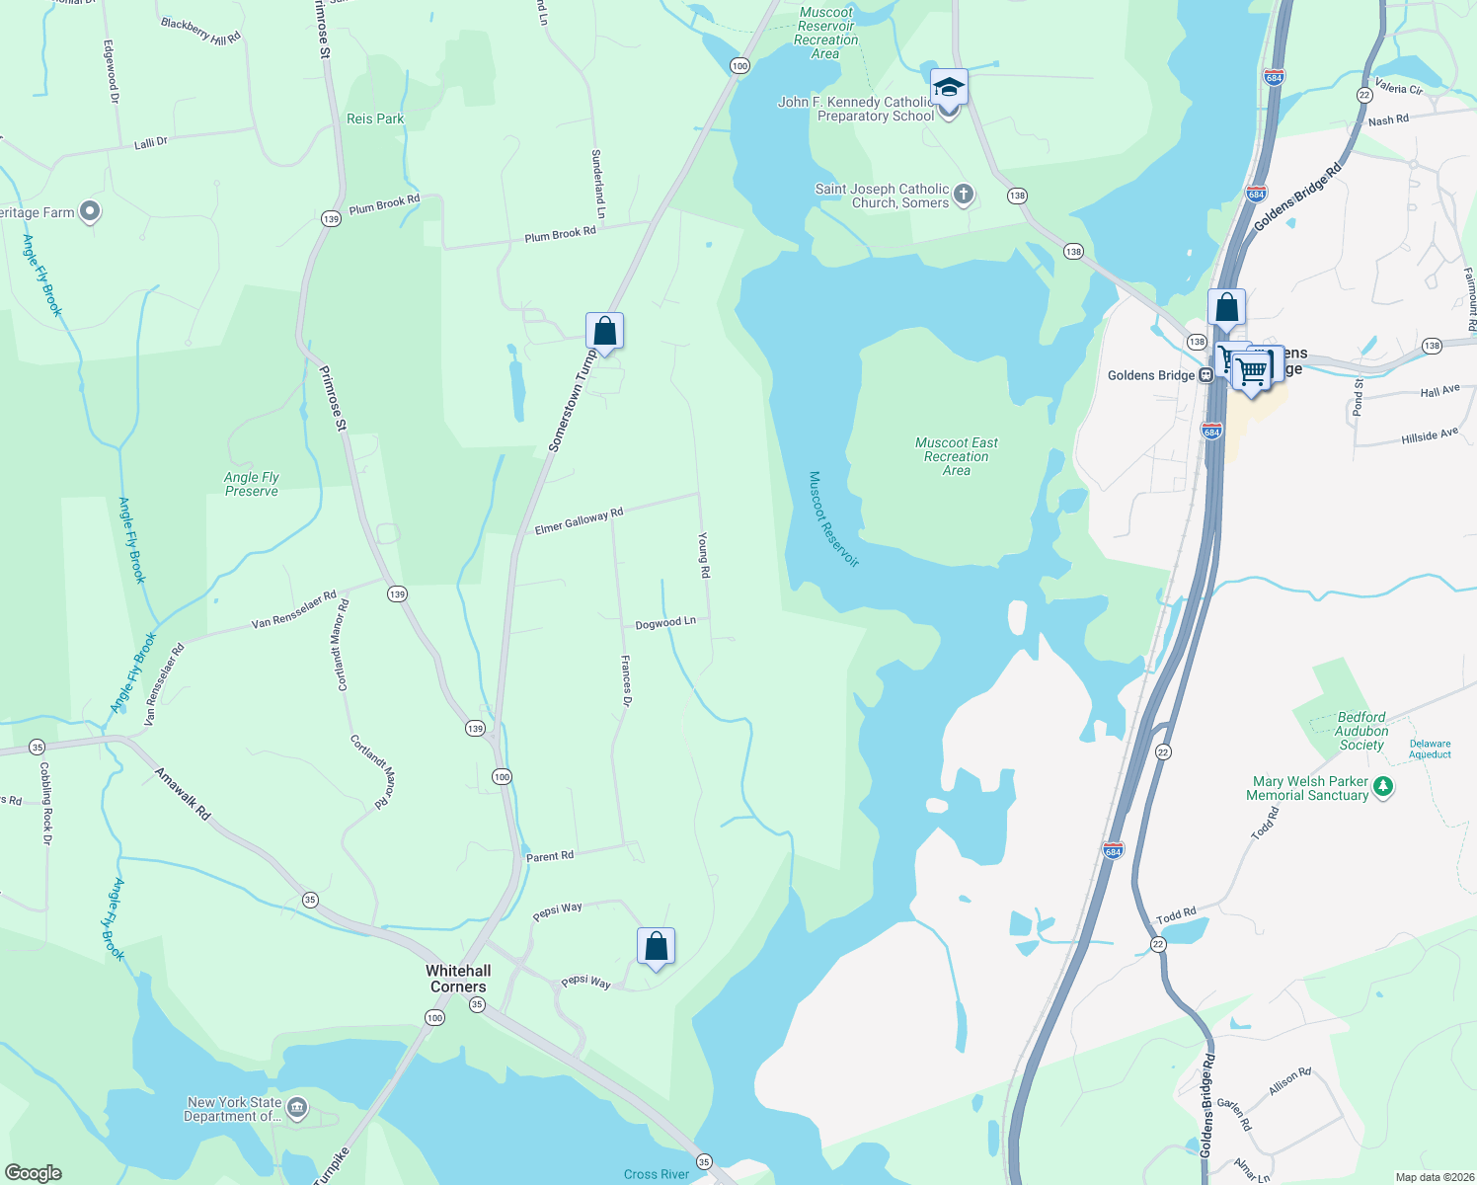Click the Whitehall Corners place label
[x=458, y=979]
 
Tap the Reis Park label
[x=375, y=118]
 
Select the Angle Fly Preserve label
[x=252, y=484]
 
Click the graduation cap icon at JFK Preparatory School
[x=949, y=87]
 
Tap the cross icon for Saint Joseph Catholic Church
[x=964, y=195]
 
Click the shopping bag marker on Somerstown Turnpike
[x=604, y=331]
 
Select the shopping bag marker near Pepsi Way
[x=656, y=946]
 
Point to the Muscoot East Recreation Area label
[x=956, y=456]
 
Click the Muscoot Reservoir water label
[x=833, y=518]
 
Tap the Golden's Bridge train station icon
[x=1205, y=375]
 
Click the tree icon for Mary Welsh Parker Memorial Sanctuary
[x=1383, y=787]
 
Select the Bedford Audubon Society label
[x=1361, y=731]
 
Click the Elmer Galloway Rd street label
[x=579, y=521]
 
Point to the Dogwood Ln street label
[x=665, y=623]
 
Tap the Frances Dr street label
[x=626, y=680]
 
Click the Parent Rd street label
[x=550, y=856]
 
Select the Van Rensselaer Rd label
[x=293, y=610]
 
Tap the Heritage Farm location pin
[x=90, y=211]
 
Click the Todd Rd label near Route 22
[x=1176, y=915]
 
